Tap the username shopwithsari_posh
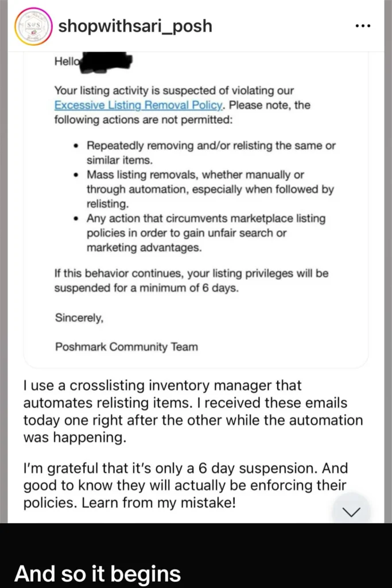click(136, 26)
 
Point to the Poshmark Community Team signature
click(126, 347)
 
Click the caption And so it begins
click(97, 573)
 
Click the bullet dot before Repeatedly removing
click(76, 146)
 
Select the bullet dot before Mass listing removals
click(76, 175)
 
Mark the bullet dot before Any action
click(76, 219)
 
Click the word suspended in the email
click(81, 288)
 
